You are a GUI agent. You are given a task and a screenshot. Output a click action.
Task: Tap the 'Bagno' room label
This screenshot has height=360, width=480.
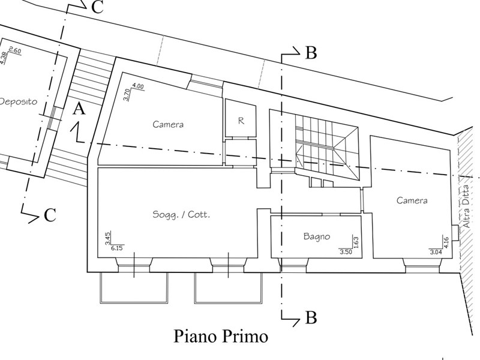pos(316,238)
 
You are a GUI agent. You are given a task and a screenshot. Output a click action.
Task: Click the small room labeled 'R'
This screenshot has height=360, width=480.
pos(241,121)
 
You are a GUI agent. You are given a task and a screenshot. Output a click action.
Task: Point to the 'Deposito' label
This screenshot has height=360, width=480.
pos(18,101)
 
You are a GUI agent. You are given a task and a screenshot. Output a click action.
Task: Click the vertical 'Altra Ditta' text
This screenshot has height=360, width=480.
pos(465,214)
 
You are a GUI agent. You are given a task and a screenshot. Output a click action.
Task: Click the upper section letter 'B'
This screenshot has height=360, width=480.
pos(310,53)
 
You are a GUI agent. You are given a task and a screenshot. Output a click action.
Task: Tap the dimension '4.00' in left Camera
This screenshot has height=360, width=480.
pos(138,86)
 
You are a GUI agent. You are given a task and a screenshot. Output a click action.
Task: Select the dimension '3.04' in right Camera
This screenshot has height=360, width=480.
pos(436,252)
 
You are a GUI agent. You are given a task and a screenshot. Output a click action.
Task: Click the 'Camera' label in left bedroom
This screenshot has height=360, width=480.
pos(167,125)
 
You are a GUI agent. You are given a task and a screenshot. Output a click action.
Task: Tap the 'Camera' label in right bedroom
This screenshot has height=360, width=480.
pos(412,200)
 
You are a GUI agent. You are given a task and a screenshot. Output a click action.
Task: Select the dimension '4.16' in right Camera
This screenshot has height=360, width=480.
pos(446,243)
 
